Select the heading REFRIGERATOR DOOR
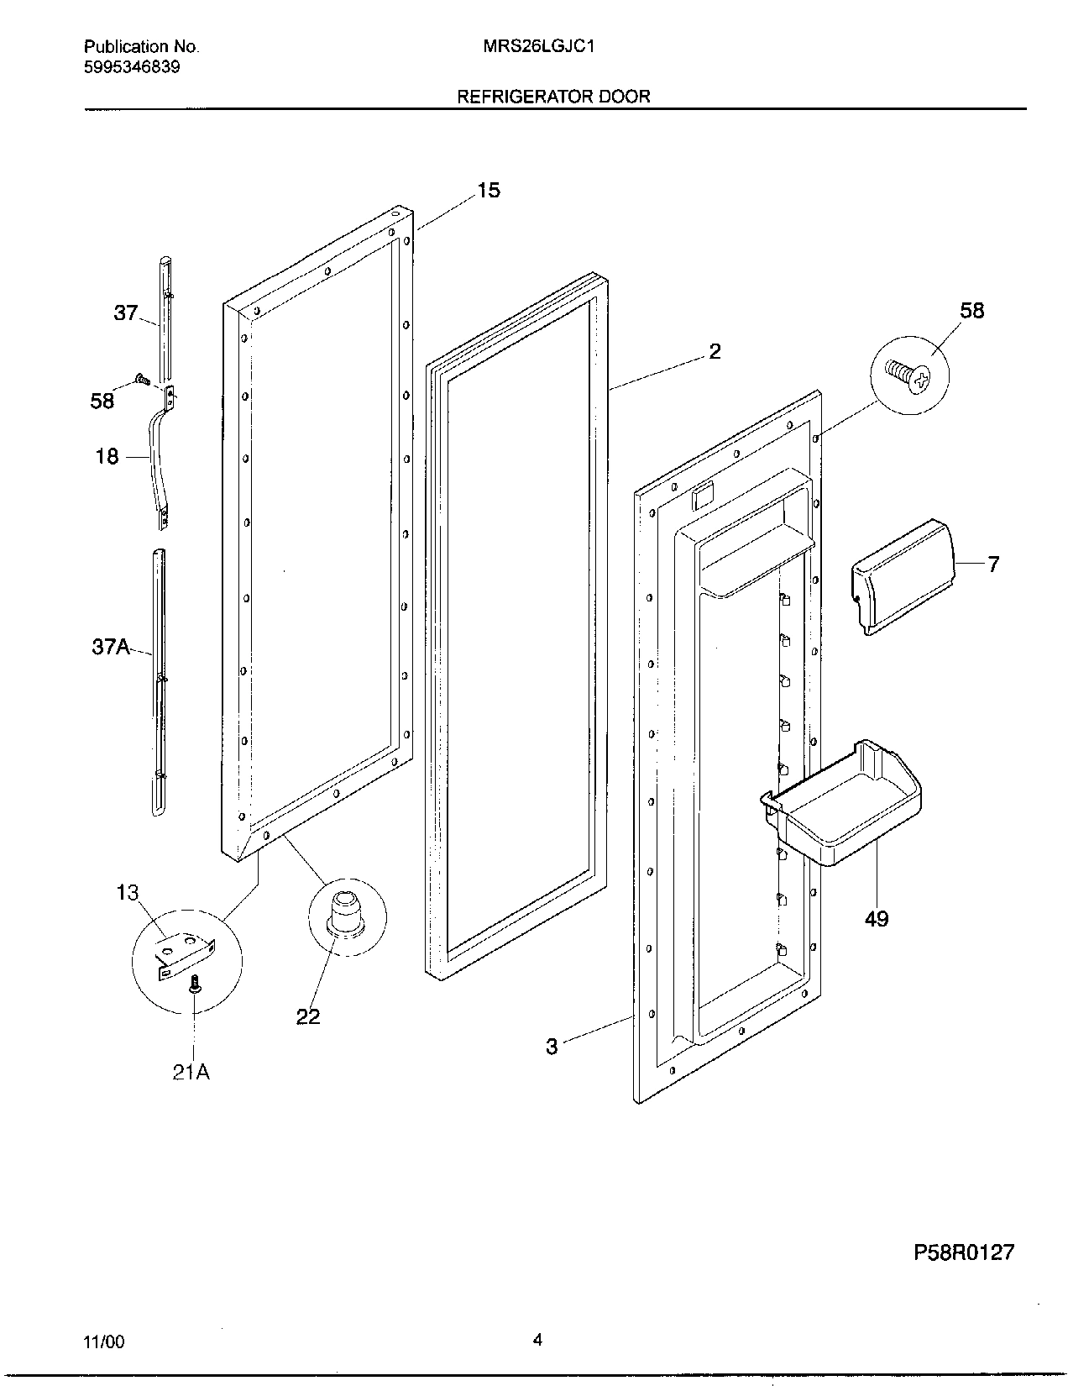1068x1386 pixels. [x=552, y=97]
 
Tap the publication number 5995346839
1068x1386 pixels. [x=132, y=66]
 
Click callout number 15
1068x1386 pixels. [x=488, y=191]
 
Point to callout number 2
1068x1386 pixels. [x=715, y=351]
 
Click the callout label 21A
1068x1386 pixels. [x=191, y=1073]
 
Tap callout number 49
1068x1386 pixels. [x=876, y=919]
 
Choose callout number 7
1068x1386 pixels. [x=993, y=564]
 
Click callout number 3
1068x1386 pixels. [x=552, y=1047]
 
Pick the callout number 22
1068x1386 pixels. [x=308, y=1016]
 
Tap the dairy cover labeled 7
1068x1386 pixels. [x=903, y=575]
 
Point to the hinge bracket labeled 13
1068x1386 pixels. [x=185, y=953]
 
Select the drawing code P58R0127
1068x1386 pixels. [x=964, y=1252]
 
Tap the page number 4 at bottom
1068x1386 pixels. [x=537, y=1341]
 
